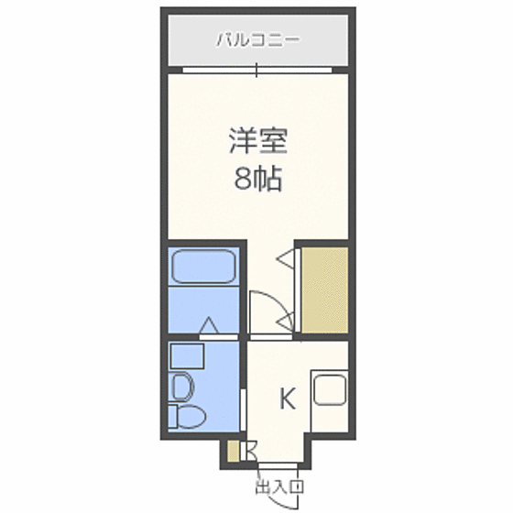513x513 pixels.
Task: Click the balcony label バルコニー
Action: pos(256,40)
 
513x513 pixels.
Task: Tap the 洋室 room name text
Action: pos(258,143)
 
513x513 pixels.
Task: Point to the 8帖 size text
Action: pos(257,179)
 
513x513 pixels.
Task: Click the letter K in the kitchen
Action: pos(287,399)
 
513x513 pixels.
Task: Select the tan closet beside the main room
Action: pos(326,289)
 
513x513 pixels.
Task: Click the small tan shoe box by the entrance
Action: pos(234,451)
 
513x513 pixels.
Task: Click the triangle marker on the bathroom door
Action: pos(210,324)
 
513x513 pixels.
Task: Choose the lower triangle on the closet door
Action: pos(287,320)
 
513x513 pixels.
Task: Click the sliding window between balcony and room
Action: pos(257,69)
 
